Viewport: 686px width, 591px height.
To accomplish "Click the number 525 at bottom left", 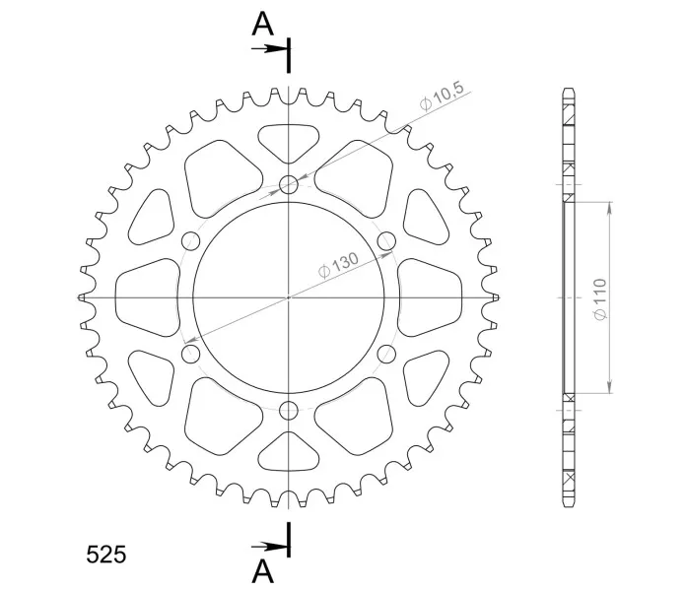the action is [x=105, y=555].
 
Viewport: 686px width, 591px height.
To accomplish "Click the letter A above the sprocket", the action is [x=262, y=24].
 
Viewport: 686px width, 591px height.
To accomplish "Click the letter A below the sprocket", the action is [x=262, y=571].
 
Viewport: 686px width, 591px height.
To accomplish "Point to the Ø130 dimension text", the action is [x=338, y=265].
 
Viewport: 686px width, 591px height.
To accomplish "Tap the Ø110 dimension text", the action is [x=600, y=299].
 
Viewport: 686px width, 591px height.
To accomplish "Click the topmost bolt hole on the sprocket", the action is [x=289, y=184].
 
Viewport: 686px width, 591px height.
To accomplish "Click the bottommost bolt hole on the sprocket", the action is [x=289, y=410].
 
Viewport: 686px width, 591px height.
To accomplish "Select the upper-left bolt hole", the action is [x=190, y=241].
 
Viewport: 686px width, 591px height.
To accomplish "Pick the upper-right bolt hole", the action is [x=386, y=241].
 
